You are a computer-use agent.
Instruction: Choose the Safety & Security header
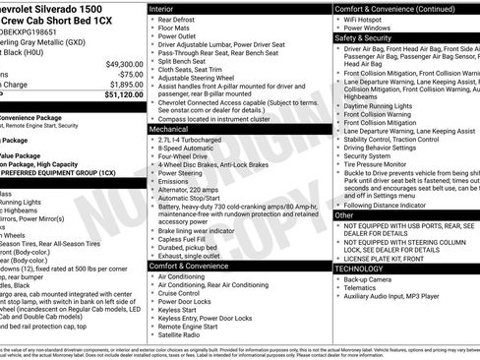tap(364, 38)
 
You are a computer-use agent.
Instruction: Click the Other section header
tap(344, 214)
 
